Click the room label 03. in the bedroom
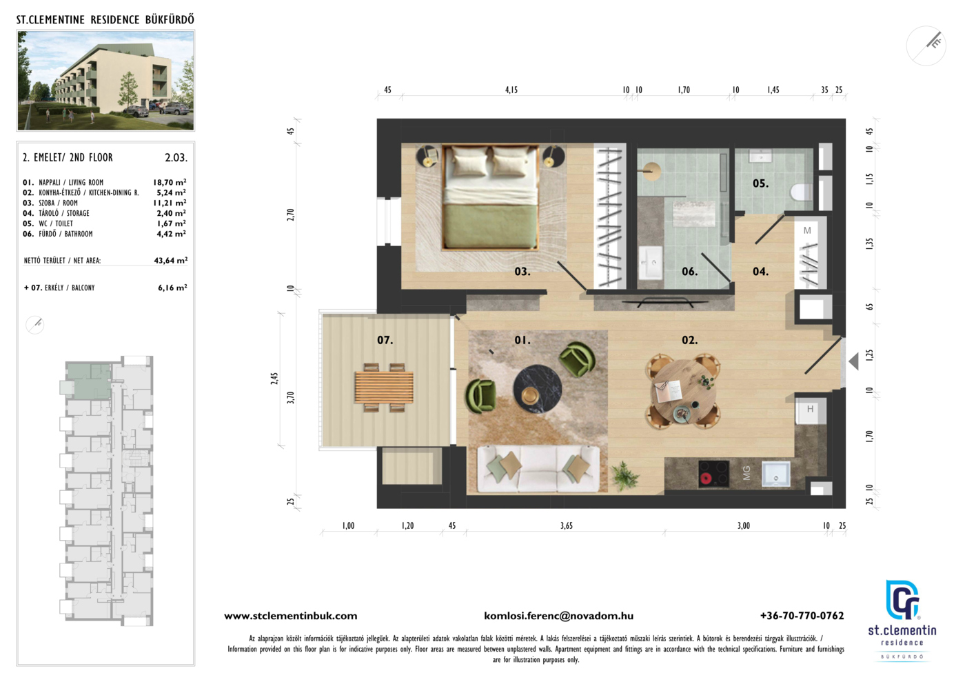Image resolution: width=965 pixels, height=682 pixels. coord(522,272)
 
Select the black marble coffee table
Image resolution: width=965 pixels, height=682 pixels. coord(537,389)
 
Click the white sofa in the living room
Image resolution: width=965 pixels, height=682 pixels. coord(538,469)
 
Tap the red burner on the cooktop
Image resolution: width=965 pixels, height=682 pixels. coord(706,478)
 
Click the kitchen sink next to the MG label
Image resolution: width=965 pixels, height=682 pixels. coord(776,474)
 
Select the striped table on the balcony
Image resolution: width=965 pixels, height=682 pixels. coord(384,387)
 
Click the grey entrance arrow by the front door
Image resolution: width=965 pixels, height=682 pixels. coord(853,361)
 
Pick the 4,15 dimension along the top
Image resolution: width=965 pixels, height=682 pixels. coord(511,90)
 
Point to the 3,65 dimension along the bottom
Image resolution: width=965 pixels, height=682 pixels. coord(567,525)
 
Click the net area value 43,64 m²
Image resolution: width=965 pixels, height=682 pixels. coord(171,261)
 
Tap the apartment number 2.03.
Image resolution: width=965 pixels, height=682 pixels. coord(176,158)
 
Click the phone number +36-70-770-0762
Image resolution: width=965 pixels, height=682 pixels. coord(802,616)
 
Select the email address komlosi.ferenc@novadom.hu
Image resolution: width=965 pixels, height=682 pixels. coord(558,616)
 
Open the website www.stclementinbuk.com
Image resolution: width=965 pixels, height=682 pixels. coord(290,616)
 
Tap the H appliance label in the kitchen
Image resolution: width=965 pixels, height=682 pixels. coord(811,409)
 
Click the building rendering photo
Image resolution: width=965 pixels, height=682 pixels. coord(105,80)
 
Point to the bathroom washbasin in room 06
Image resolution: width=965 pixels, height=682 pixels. coord(650,262)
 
